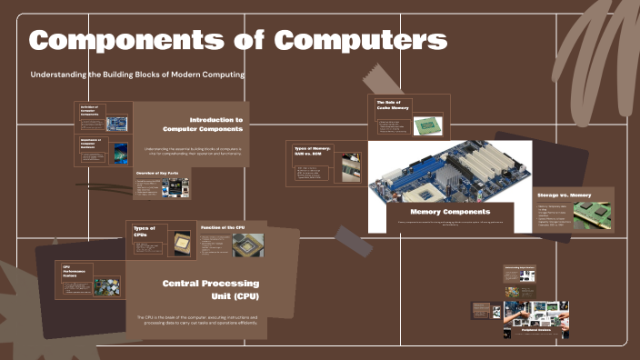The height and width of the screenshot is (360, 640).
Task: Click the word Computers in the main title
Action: [362, 41]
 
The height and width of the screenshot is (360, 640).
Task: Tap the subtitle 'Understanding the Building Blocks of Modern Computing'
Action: [137, 74]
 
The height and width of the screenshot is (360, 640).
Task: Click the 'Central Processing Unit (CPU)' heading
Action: [210, 290]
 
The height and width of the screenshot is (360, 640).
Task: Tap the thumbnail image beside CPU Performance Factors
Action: [107, 287]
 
